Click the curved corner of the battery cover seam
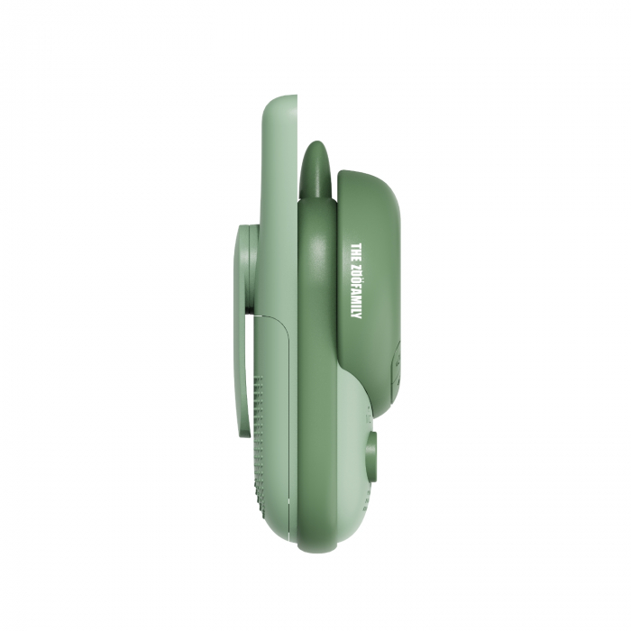281,322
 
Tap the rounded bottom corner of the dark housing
383,410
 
